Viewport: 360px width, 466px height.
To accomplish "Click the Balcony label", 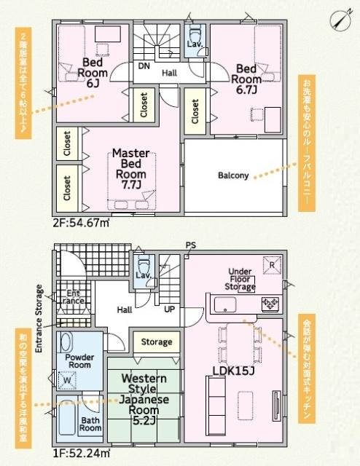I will pos(233,175).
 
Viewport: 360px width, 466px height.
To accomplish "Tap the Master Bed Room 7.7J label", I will pos(131,170).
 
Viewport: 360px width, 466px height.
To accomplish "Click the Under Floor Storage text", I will pos(241,279).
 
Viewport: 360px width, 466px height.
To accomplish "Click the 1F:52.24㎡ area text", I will pos(80,454).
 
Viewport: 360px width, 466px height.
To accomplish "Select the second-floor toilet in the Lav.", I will pos(195,36).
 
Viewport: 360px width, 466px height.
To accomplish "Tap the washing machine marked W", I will pos(67,379).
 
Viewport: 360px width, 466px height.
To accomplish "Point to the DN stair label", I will pos(144,66).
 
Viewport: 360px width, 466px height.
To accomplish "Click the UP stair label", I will pos(168,309).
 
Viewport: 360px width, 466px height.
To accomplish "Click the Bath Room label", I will pos(90,424).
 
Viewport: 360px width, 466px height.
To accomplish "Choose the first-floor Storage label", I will pos(156,341).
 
